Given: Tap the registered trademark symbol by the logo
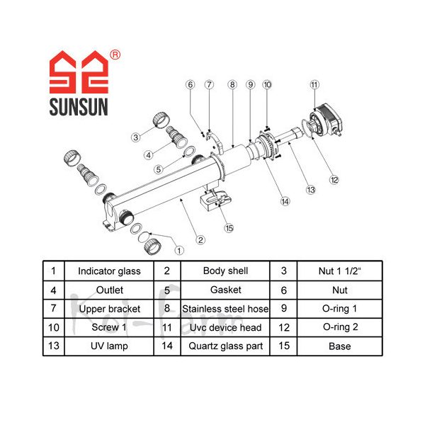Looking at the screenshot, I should pos(115,55).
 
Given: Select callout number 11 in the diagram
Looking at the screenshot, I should pos(314,86).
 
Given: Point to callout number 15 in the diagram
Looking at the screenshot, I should pos(228,228).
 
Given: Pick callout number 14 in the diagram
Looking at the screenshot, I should pos(285,202).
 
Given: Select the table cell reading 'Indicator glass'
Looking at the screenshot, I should pos(109,271).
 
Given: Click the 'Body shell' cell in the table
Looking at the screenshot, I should pos(225,271).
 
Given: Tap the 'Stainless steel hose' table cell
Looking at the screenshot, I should pos(225,309).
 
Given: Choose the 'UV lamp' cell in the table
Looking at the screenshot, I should pos(109,346).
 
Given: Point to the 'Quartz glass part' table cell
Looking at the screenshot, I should pos(225,346).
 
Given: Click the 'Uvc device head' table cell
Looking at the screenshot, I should pos(225,327).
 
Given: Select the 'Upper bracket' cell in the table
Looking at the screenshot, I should pos(109,309).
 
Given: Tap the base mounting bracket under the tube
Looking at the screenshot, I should pos(212,201).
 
